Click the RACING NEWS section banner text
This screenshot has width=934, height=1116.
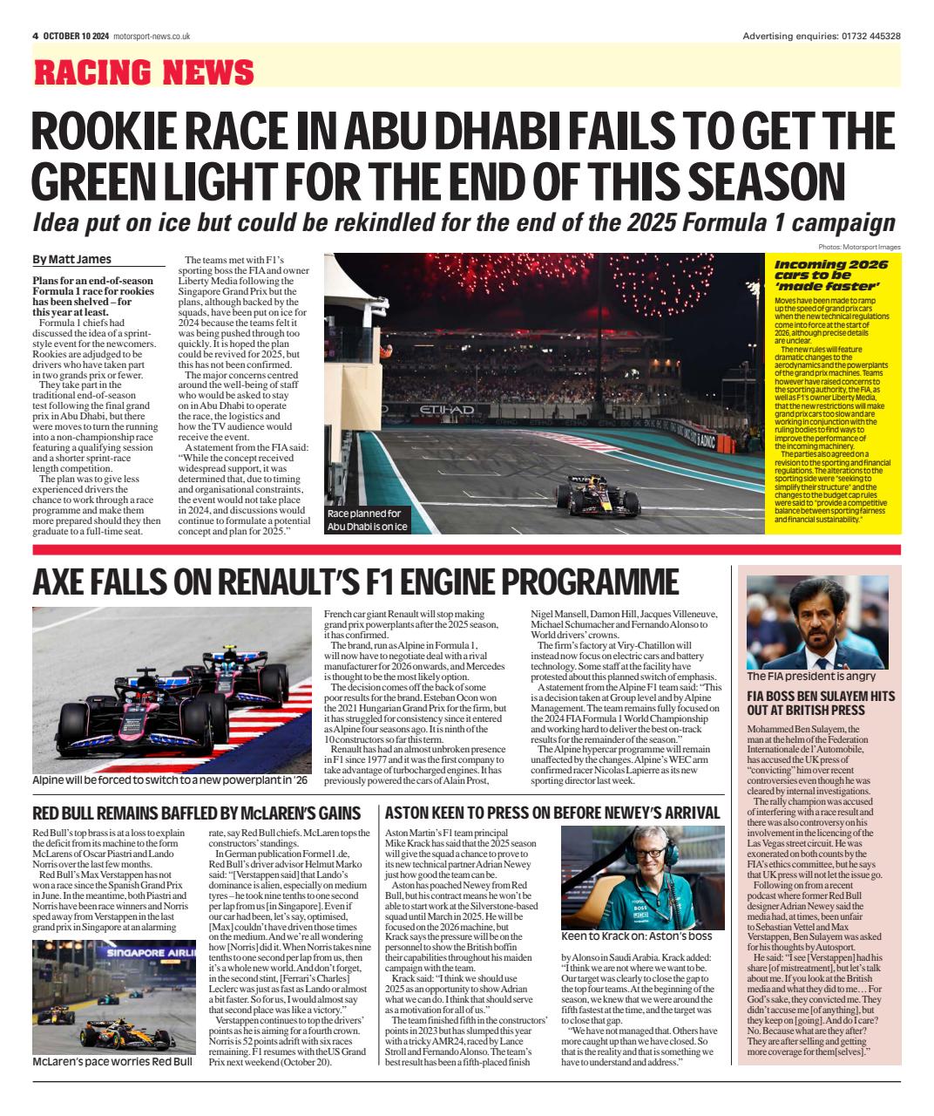(144, 71)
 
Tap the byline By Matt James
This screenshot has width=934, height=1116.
(71, 259)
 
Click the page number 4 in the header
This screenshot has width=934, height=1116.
(35, 36)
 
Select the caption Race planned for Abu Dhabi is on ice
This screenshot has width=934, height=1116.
(366, 520)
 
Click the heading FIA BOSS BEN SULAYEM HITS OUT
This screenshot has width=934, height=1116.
(820, 703)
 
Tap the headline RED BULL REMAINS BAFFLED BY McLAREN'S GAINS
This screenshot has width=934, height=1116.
(196, 813)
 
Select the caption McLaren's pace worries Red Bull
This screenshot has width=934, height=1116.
(112, 1062)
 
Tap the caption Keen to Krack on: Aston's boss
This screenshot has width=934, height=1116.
(637, 936)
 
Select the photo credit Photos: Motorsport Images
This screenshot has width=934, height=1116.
(859, 247)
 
